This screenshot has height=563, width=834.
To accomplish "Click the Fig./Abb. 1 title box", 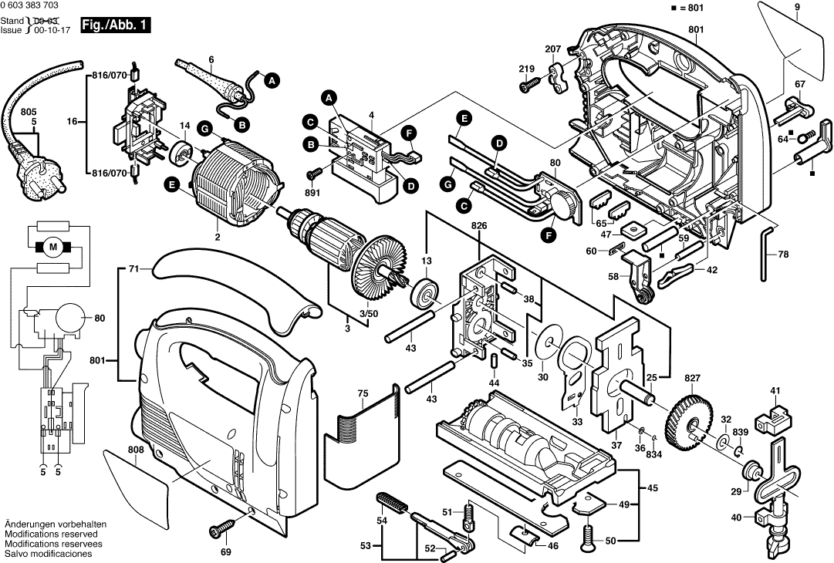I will [116, 25].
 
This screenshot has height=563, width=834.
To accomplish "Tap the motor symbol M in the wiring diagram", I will [53, 247].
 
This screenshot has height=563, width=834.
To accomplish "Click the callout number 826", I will [479, 226].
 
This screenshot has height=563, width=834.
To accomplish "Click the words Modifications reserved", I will [51, 534].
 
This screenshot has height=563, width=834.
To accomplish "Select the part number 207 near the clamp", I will [553, 49].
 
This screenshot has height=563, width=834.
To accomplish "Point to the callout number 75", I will [363, 394].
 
